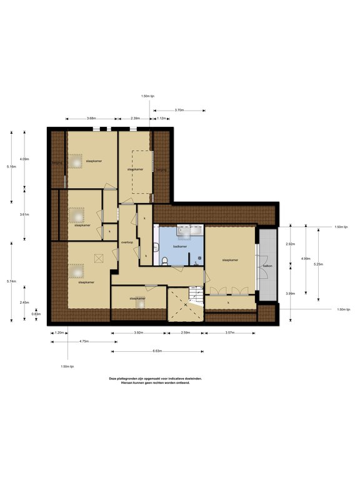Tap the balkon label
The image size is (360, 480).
click(267, 266)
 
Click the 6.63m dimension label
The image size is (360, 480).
click(157, 351)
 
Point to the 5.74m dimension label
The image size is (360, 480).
click(11, 281)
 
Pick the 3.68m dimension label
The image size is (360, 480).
click(91, 118)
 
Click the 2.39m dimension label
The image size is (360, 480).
click(135, 118)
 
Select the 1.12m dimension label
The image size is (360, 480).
click(161, 118)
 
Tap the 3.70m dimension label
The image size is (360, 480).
click(179, 110)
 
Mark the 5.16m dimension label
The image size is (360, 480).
click(11, 167)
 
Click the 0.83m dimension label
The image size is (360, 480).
click(36, 314)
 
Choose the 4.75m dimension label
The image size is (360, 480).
click(83, 341)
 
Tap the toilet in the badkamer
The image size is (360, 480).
click(163, 261)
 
